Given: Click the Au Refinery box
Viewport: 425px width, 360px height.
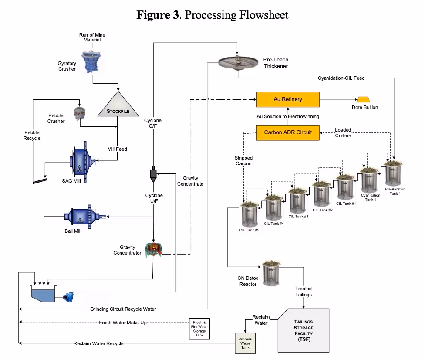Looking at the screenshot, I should tap(288, 99).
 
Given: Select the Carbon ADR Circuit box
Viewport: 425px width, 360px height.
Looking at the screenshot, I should tap(288, 132).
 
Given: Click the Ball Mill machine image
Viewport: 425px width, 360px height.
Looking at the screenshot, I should tap(84, 216).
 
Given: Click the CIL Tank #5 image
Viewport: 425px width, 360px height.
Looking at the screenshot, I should tap(250, 214).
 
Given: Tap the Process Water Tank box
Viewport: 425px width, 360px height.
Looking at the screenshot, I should tap(245, 342).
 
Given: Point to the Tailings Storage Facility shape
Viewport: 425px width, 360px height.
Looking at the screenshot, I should tap(303, 330).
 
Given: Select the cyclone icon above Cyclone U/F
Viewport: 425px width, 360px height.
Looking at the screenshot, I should tap(153, 174).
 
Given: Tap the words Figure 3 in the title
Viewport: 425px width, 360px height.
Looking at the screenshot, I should tap(158, 15).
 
